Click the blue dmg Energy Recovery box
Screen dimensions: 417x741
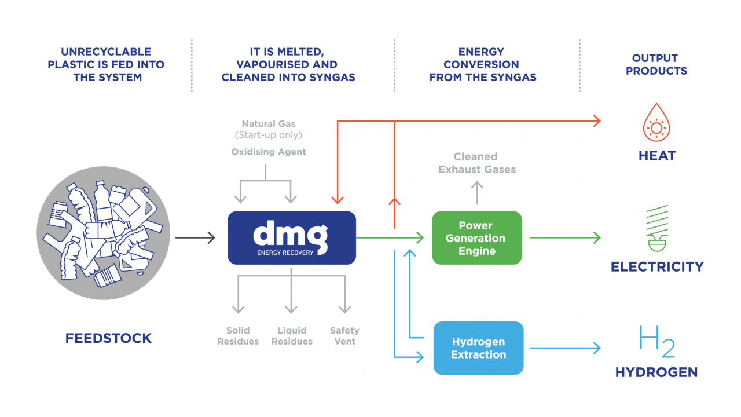(291, 237)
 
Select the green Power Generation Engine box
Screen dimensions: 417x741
(477, 238)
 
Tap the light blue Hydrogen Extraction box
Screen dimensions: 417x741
(478, 348)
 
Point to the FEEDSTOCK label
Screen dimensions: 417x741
(108, 338)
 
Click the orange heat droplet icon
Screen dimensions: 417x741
(656, 122)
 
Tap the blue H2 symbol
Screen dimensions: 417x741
(656, 341)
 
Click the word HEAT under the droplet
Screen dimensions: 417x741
(657, 156)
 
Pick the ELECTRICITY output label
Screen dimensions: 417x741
(657, 267)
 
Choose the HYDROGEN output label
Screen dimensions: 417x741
(656, 372)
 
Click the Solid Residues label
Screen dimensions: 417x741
(238, 336)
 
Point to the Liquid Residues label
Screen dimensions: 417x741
(292, 336)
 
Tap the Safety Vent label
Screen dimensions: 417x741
(344, 336)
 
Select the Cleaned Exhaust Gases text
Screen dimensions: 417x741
(476, 163)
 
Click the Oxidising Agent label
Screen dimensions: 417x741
(269, 152)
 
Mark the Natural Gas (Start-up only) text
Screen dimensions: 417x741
(269, 129)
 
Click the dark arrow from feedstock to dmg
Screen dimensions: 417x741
(195, 237)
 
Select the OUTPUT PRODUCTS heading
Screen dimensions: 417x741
(656, 64)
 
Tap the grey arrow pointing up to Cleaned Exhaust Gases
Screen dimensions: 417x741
(476, 192)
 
